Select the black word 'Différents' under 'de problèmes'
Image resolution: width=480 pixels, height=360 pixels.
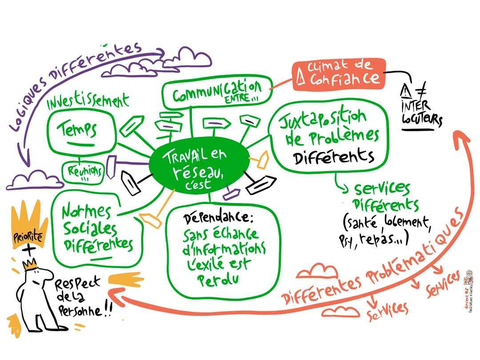point(334,156)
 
